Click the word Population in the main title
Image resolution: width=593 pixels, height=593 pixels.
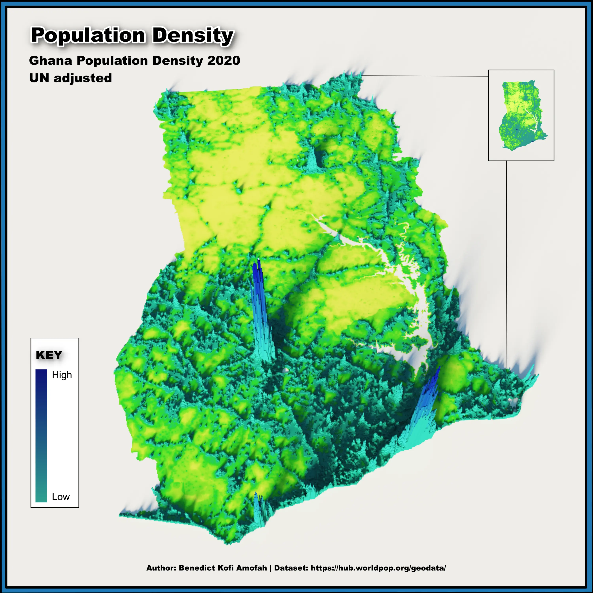click(x=88, y=35)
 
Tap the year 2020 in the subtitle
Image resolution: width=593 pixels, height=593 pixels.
click(x=223, y=60)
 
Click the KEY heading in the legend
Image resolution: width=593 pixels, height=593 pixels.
click(x=49, y=355)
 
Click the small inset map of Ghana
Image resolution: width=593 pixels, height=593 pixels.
click(x=521, y=115)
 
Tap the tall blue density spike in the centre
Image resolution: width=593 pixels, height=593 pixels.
click(x=259, y=307)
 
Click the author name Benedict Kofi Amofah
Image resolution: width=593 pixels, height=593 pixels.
click(x=223, y=568)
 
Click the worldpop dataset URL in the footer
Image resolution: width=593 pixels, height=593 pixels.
click(x=378, y=568)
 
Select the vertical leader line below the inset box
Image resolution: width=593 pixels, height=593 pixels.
click(x=506, y=261)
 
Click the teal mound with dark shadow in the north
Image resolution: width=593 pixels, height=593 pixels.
click(x=314, y=161)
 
